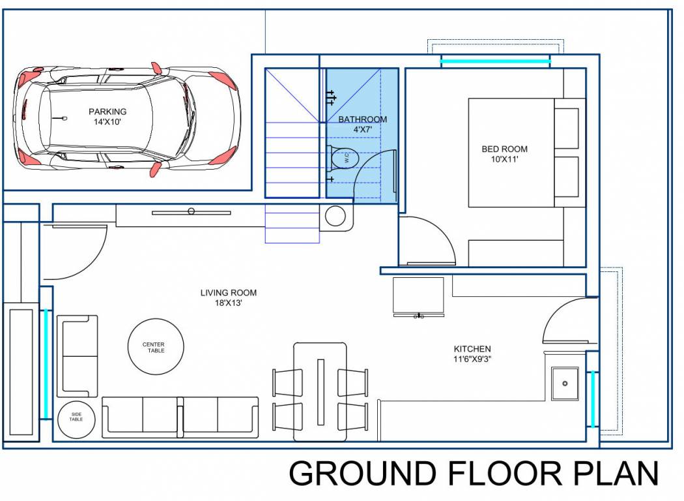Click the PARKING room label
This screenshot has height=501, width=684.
click(107, 112)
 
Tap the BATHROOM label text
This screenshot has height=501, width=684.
click(362, 119)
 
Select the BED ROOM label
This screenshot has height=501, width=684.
click(504, 149)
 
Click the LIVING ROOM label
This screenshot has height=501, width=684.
click(228, 293)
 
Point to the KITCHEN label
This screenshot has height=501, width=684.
click(472, 349)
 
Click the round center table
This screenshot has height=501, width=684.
click(154, 347)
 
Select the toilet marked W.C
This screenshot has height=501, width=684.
click(343, 159)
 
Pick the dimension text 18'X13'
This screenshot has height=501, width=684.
click(228, 303)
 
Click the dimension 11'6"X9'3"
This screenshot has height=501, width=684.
click(472, 359)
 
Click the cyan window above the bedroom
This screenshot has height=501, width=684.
click(495, 62)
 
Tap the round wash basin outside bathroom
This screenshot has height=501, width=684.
click(335, 216)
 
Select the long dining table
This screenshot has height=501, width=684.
click(320, 391)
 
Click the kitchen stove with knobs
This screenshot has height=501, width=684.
click(418, 297)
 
